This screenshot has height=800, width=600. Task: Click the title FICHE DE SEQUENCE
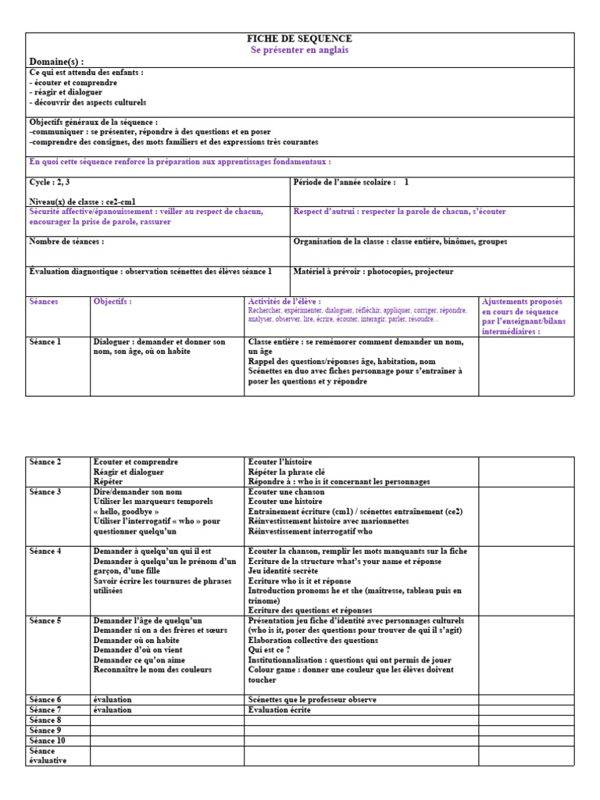click(299, 38)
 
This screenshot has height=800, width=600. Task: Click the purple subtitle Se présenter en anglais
click(299, 50)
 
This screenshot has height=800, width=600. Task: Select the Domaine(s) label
click(56, 62)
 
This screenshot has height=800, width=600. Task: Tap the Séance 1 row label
click(45, 341)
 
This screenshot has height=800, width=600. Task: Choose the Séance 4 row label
click(45, 551)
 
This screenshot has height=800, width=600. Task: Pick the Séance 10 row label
click(47, 740)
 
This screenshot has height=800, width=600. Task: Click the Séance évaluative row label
click(48, 755)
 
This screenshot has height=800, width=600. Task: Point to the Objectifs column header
click(112, 301)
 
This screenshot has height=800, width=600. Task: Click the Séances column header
click(43, 301)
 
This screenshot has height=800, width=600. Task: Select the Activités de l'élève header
click(284, 301)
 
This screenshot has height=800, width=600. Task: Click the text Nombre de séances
click(66, 241)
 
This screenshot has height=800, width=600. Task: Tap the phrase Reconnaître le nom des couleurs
click(154, 670)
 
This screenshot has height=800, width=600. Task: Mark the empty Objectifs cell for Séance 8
click(166, 720)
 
